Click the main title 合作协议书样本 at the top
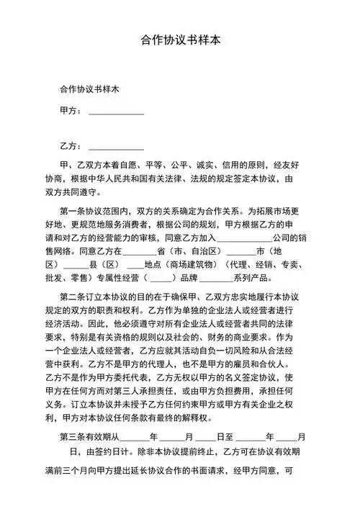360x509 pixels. click(179, 40)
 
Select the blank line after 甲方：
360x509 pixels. click(115, 112)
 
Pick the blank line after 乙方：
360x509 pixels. click(115, 148)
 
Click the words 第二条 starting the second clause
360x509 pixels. click(74, 297)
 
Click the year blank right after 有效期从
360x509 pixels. click(134, 438)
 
